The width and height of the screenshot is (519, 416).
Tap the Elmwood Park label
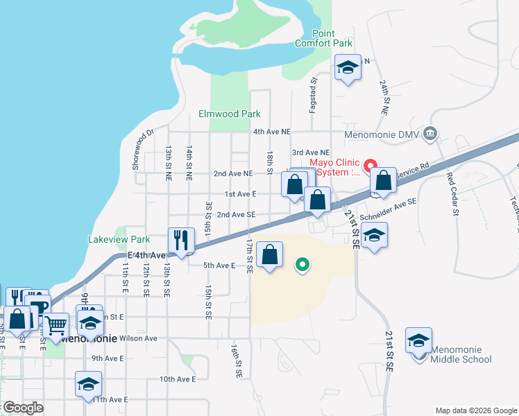coord(229,114)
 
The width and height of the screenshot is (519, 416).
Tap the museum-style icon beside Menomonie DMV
coord(430,133)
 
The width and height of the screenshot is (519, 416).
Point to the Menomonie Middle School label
coord(461,354)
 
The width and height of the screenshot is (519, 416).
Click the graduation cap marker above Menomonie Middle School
coord(419,340)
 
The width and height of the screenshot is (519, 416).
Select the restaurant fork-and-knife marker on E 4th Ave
coord(181,241)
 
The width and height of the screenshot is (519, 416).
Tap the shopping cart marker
coord(56,324)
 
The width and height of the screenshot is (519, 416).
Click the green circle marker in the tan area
coord(302,264)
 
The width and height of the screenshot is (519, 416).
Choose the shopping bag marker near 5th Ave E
coord(270,254)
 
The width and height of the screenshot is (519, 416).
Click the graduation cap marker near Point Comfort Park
coord(347,67)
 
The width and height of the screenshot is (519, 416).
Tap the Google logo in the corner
coord(23,408)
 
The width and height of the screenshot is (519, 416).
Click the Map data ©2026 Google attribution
coord(475,410)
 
